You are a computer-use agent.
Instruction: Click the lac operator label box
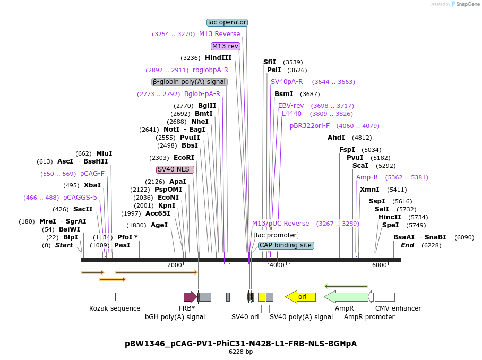[227, 22]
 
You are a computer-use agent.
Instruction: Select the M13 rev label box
[226, 46]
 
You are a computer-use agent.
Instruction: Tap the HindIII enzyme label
[218, 58]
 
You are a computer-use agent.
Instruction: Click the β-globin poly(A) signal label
[190, 82]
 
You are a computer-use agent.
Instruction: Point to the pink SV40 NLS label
[175, 169]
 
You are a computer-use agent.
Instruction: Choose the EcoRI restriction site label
[184, 158]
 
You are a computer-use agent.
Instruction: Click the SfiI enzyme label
[270, 62]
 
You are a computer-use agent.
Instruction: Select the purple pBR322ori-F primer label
[309, 126]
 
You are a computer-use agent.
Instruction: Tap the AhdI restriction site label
[336, 138]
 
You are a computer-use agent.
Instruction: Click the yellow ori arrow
[300, 297]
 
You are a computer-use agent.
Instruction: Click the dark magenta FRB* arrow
[190, 297]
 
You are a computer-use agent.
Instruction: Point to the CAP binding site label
[286, 245]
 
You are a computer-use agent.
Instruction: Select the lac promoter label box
[276, 235]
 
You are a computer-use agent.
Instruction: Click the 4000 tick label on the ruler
[277, 265]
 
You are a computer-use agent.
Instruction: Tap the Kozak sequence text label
[115, 308]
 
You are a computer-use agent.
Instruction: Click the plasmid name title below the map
[240, 344]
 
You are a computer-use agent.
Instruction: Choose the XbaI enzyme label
[92, 185]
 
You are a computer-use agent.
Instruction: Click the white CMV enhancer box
[384, 297]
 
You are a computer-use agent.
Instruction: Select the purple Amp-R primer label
[367, 177]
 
